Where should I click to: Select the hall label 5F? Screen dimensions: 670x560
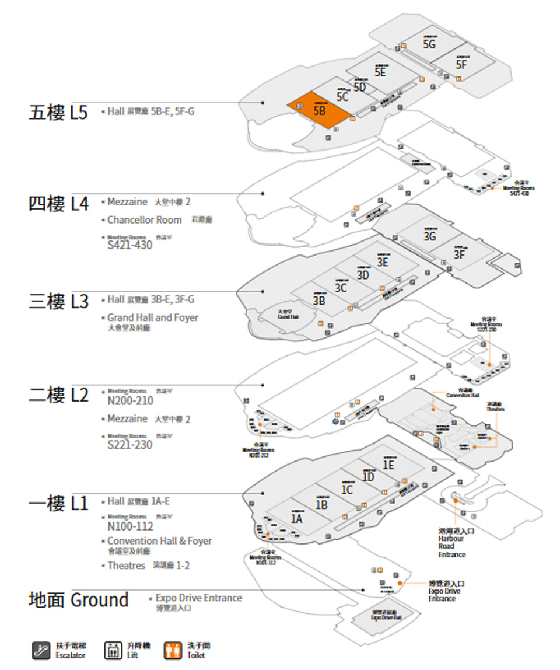click(x=462, y=64)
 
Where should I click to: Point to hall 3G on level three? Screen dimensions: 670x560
click(x=430, y=236)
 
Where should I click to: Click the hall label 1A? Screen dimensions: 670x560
click(x=297, y=518)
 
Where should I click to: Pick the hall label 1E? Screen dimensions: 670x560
click(x=388, y=465)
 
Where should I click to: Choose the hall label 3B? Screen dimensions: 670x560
click(x=318, y=301)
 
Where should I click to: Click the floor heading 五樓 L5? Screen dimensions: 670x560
click(x=58, y=112)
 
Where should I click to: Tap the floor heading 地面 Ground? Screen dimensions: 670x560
click(x=78, y=600)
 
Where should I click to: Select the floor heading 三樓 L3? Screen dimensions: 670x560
click(x=58, y=302)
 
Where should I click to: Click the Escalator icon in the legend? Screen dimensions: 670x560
click(x=41, y=650)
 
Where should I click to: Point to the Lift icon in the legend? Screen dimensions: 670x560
click(x=111, y=650)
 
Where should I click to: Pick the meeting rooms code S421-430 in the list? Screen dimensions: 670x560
click(x=129, y=246)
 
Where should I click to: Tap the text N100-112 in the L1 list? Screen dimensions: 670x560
click(x=130, y=526)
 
